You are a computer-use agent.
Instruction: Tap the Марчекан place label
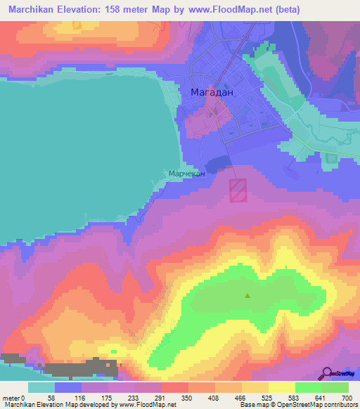[x=186, y=174]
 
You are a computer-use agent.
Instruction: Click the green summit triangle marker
[x=247, y=296]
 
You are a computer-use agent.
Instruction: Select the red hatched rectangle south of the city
[x=238, y=190]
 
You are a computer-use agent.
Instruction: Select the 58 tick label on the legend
[x=48, y=397]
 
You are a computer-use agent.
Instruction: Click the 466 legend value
[x=239, y=397]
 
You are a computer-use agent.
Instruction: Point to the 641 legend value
[x=321, y=397]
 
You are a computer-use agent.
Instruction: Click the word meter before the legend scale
[x=11, y=397]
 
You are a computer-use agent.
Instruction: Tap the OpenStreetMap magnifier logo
[x=326, y=374]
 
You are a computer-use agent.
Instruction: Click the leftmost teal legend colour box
[x=41, y=387]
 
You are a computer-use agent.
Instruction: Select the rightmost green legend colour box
[x=335, y=387]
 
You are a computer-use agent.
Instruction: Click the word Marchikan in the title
[x=29, y=10]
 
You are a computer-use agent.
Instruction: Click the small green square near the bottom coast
[x=114, y=350]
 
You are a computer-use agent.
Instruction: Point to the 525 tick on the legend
[x=266, y=397]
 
